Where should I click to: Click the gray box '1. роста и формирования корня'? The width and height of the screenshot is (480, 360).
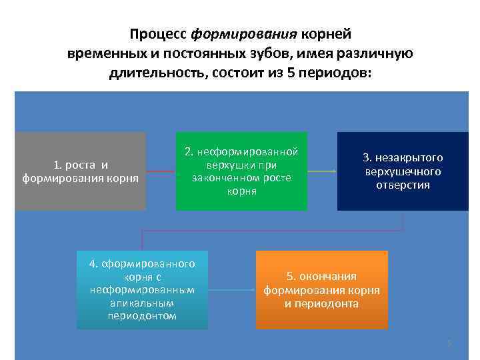pyautogui.click(x=80, y=171)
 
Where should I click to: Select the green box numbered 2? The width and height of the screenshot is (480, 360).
pyautogui.click(x=241, y=171)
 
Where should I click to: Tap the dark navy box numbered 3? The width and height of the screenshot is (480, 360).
pyautogui.click(x=403, y=171)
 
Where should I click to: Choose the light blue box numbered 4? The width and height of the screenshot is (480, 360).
pyautogui.click(x=142, y=289)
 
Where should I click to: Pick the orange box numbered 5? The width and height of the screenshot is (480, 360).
pyautogui.click(x=321, y=289)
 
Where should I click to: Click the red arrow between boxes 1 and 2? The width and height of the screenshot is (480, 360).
pyautogui.click(x=161, y=171)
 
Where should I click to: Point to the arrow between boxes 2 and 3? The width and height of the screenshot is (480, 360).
pyautogui.click(x=322, y=171)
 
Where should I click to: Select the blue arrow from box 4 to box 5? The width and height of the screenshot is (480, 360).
pyautogui.click(x=231, y=290)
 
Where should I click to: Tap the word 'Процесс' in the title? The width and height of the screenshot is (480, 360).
pyautogui.click(x=159, y=33)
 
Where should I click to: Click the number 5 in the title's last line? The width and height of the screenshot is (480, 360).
pyautogui.click(x=291, y=71)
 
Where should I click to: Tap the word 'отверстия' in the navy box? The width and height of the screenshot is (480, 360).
pyautogui.click(x=403, y=185)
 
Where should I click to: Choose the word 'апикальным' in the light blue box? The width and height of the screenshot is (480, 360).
pyautogui.click(x=142, y=303)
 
